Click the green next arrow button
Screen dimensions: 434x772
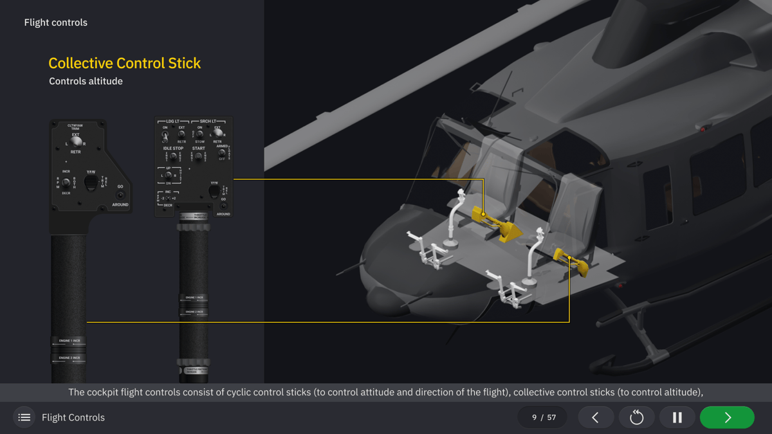coord(727,417)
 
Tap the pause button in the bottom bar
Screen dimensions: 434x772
coord(677,417)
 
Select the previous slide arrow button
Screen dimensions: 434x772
coord(595,417)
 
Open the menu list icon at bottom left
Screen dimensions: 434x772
coord(24,417)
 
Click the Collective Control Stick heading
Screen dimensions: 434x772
coord(125,63)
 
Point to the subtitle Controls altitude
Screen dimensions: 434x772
coord(86,81)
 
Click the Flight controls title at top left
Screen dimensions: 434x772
coord(56,23)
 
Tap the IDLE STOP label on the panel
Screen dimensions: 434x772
coord(173,149)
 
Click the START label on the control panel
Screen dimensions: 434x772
coord(198,149)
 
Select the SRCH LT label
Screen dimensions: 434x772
coord(208,121)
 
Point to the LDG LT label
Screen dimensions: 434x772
coord(173,121)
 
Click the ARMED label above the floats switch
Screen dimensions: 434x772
coord(222,146)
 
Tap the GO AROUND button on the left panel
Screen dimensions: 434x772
coord(120,195)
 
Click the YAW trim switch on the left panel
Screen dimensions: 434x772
coord(91,183)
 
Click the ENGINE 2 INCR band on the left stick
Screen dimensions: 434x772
coord(69,357)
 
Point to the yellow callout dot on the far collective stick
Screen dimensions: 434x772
coord(484,214)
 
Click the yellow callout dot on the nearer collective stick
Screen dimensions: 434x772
coord(569,258)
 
